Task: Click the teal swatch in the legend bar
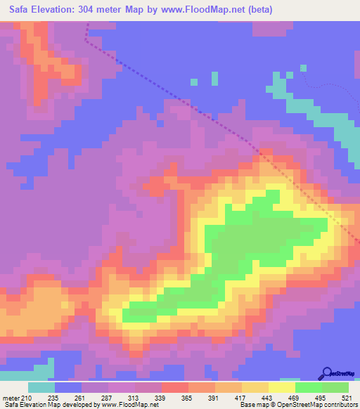coord(41,387)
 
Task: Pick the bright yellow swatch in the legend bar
coord(281,387)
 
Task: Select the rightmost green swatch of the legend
coord(335,387)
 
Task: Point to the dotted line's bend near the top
coord(86,40)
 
